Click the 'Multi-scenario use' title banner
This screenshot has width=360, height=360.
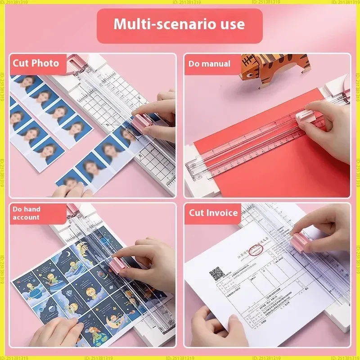coord(180,25)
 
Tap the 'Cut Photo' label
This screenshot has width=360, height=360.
coord(36,63)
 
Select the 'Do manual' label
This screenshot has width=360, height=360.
coord(209,64)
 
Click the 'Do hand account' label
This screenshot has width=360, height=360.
coord(27,213)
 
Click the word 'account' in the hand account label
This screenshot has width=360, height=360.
coord(26,217)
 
